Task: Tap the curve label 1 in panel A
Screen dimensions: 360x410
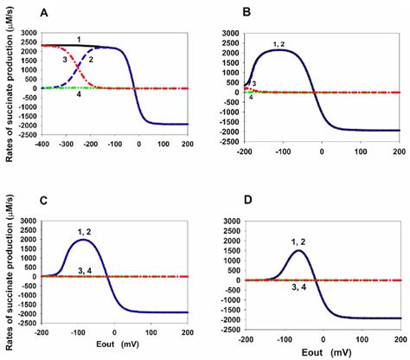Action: click(78, 40)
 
